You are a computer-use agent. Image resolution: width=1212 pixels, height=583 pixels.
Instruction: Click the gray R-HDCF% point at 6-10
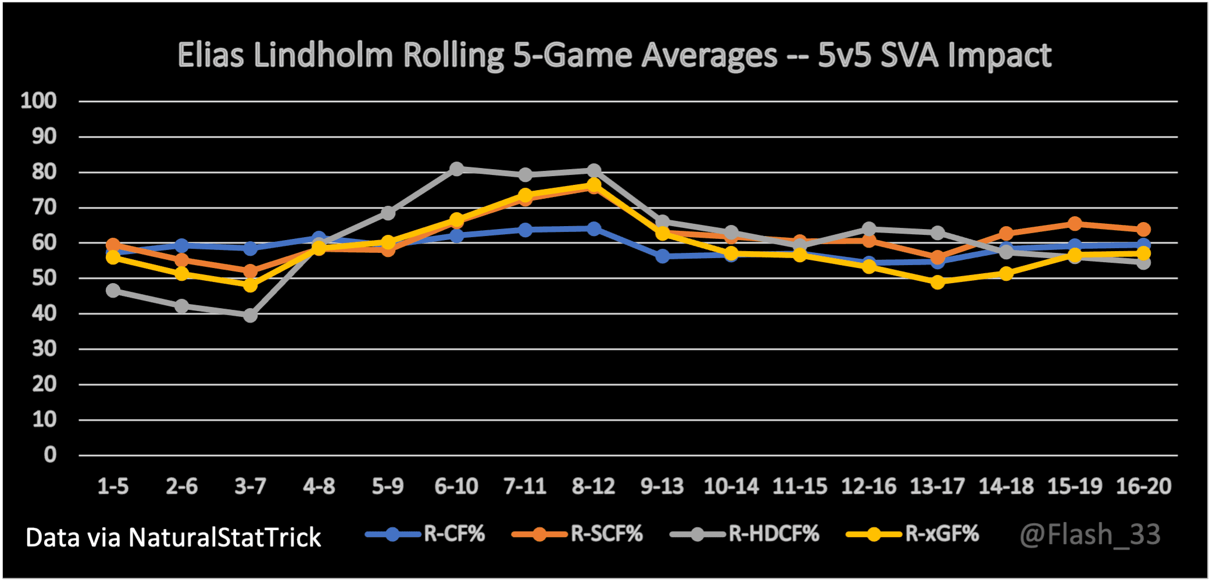(x=456, y=169)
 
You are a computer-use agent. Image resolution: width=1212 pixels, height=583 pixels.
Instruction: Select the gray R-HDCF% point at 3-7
(x=250, y=315)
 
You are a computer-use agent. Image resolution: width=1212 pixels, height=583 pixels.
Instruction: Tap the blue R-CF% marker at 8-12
(x=594, y=229)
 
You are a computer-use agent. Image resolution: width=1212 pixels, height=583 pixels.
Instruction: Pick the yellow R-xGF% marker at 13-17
(x=937, y=282)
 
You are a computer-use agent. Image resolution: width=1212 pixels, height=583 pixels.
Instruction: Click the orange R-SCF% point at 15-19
(x=1075, y=224)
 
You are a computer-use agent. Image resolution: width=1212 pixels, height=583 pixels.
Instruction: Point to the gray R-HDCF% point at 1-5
(x=113, y=290)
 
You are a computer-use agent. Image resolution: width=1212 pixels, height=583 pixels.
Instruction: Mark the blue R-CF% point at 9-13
(x=662, y=256)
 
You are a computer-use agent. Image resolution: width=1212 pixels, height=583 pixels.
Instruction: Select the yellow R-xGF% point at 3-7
(x=250, y=285)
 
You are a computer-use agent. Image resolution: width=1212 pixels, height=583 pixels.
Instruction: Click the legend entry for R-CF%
(x=426, y=534)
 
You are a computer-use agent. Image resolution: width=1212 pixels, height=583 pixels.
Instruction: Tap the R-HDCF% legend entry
(x=745, y=534)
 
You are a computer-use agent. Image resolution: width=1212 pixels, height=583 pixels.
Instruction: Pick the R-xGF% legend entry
(x=913, y=534)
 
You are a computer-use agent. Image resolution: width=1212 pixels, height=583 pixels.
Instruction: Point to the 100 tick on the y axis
(x=38, y=101)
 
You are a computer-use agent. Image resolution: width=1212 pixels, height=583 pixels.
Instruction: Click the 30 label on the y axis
(x=44, y=349)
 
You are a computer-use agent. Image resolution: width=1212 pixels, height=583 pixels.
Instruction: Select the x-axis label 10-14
(x=731, y=486)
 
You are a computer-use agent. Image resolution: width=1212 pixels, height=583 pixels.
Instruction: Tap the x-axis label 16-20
(x=1143, y=486)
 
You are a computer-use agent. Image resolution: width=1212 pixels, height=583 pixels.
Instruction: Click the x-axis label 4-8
(x=319, y=486)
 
